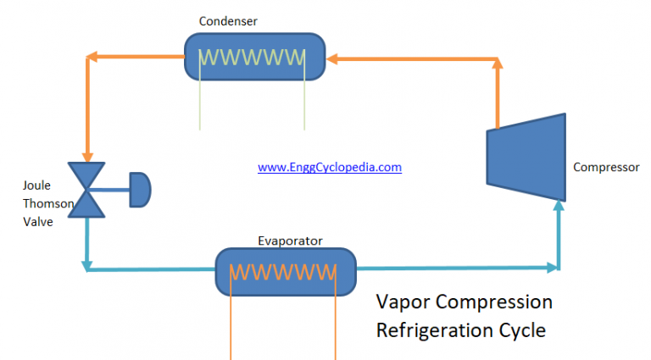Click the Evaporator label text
(x=290, y=241)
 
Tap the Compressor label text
(x=606, y=167)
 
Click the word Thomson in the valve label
(x=47, y=203)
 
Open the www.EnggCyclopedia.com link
(x=329, y=168)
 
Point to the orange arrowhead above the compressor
(x=498, y=64)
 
